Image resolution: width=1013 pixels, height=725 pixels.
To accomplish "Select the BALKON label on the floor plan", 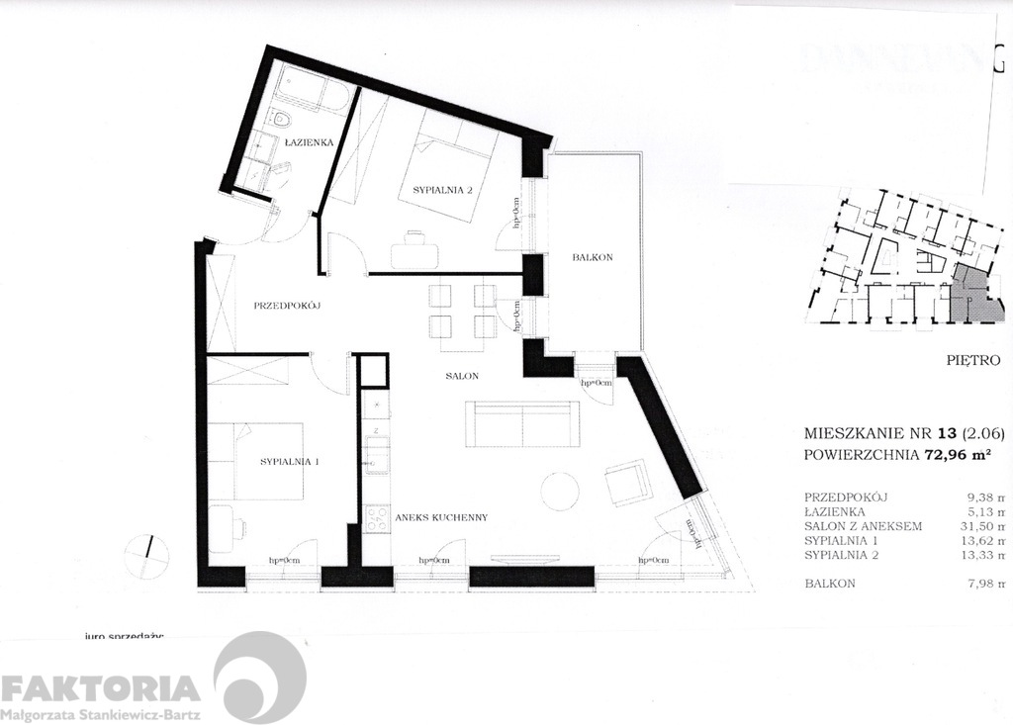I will tap(593, 257).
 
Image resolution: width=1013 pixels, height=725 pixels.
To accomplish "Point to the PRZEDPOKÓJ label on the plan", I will tap(290, 306).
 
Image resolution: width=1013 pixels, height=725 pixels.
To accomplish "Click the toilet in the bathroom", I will tap(282, 122).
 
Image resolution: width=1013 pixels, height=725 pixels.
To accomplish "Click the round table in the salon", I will tap(560, 491).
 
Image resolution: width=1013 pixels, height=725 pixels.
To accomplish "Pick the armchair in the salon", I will tap(627, 484).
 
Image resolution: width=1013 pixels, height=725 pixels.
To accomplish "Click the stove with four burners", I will tap(376, 519).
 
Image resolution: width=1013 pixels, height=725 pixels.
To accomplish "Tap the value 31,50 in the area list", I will tap(972, 526).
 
